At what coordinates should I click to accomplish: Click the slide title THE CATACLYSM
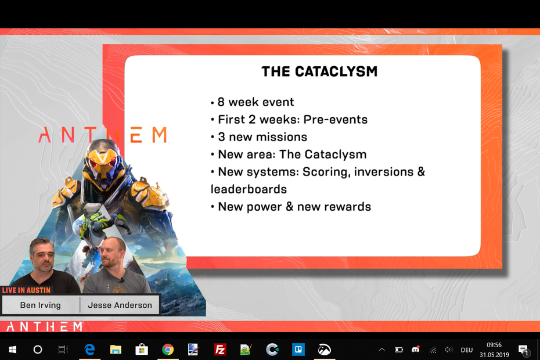point(319,71)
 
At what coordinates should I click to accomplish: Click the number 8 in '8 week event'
point(221,102)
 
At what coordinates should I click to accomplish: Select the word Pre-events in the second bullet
point(336,120)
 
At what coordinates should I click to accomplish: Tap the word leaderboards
point(249,189)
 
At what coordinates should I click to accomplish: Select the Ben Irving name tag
point(40,305)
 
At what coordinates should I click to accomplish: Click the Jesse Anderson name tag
point(120,305)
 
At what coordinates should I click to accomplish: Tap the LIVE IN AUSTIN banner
point(26,290)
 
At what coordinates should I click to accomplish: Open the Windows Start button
point(12,350)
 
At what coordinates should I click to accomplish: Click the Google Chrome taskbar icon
point(168,350)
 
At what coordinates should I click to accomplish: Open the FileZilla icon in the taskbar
point(219,350)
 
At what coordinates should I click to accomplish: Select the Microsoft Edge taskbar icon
point(89,350)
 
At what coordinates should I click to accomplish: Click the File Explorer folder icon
point(116,350)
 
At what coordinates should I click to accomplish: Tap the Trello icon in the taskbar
point(298,350)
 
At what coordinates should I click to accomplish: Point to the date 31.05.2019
point(494,355)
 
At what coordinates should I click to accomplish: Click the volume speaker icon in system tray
point(448,350)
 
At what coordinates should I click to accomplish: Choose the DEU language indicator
point(467,350)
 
